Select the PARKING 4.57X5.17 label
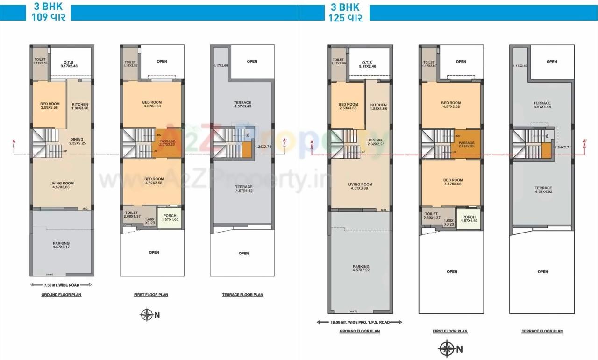[61, 245]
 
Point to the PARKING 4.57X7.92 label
[361, 268]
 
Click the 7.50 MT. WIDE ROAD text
[61, 284]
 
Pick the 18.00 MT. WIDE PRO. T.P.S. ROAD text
[359, 322]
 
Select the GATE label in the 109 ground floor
[50, 275]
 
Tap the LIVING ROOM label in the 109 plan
[62, 185]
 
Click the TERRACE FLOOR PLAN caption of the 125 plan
[542, 331]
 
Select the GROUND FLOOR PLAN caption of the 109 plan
[62, 295]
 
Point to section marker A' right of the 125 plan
[584, 142]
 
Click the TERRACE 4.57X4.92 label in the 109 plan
[243, 189]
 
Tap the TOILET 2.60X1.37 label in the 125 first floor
[431, 216]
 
